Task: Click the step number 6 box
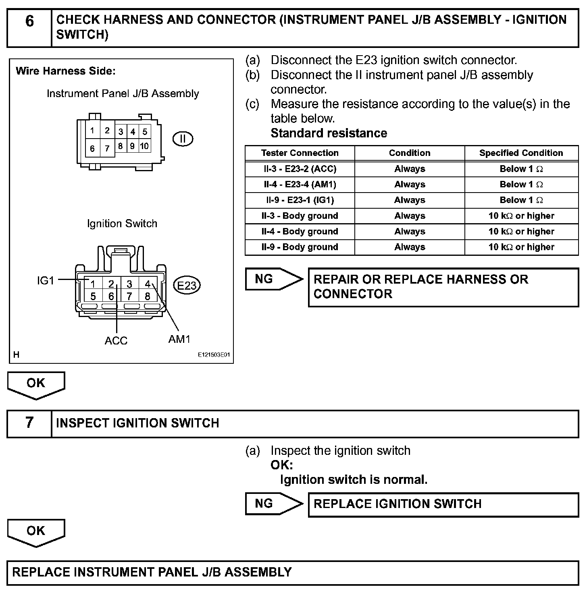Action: click(29, 27)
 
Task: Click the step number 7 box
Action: click(29, 423)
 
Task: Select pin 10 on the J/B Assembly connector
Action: click(144, 146)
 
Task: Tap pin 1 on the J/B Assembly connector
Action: click(92, 131)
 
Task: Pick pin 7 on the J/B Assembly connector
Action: click(107, 148)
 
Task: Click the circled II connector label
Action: click(183, 139)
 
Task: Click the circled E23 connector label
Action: click(187, 286)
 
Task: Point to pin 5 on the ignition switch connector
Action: click(93, 296)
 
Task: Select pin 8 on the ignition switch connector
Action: click(148, 296)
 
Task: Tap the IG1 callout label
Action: click(46, 280)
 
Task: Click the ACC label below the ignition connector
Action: click(116, 341)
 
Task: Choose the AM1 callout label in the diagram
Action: click(179, 339)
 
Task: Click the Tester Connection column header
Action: click(300, 153)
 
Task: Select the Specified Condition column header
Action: click(521, 153)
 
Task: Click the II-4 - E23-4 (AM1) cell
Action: click(300, 185)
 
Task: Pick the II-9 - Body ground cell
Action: click(300, 247)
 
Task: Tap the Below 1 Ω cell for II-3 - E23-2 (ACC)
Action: click(521, 169)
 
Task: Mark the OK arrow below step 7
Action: click(36, 532)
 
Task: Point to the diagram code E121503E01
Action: click(214, 355)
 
